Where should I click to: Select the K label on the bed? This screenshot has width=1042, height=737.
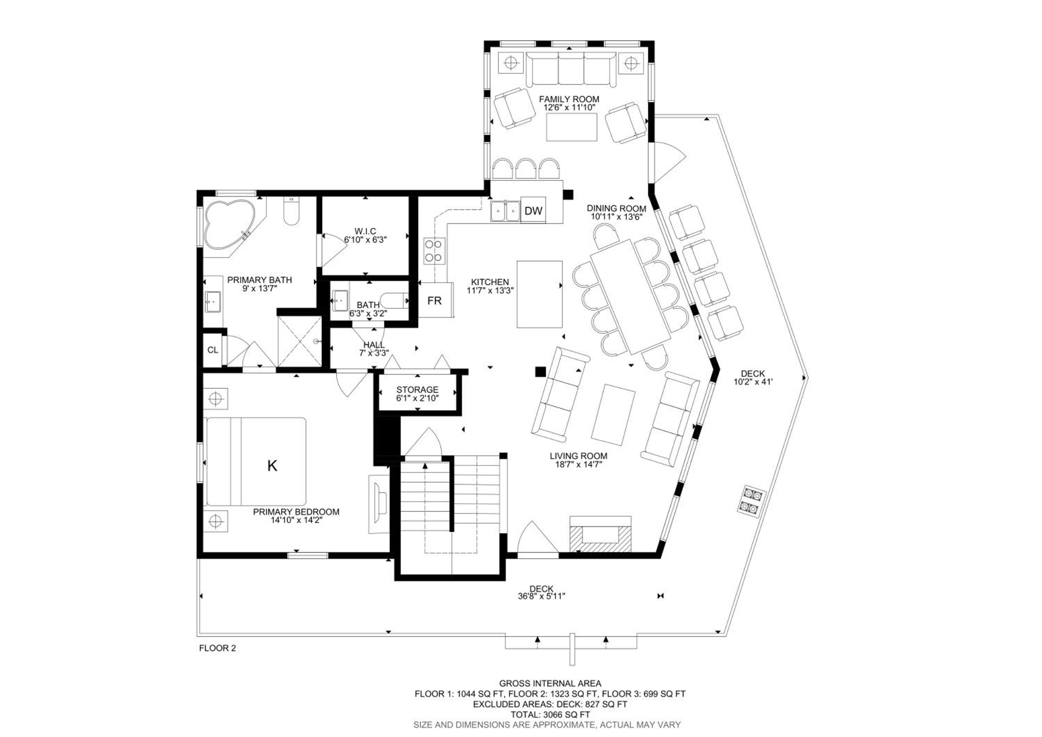click(272, 465)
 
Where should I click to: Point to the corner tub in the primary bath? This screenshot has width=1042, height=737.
click(230, 225)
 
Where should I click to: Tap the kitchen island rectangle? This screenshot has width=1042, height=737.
click(540, 294)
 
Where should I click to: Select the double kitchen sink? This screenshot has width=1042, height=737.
click(505, 211)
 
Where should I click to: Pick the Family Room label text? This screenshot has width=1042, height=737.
click(569, 99)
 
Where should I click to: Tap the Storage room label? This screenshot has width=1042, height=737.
click(417, 390)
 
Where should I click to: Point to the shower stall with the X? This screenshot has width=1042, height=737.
click(299, 341)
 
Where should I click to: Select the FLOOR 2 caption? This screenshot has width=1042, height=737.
click(217, 648)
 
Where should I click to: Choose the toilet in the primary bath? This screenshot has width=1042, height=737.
click(291, 211)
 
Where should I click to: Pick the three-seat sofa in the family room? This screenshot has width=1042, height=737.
click(571, 68)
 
